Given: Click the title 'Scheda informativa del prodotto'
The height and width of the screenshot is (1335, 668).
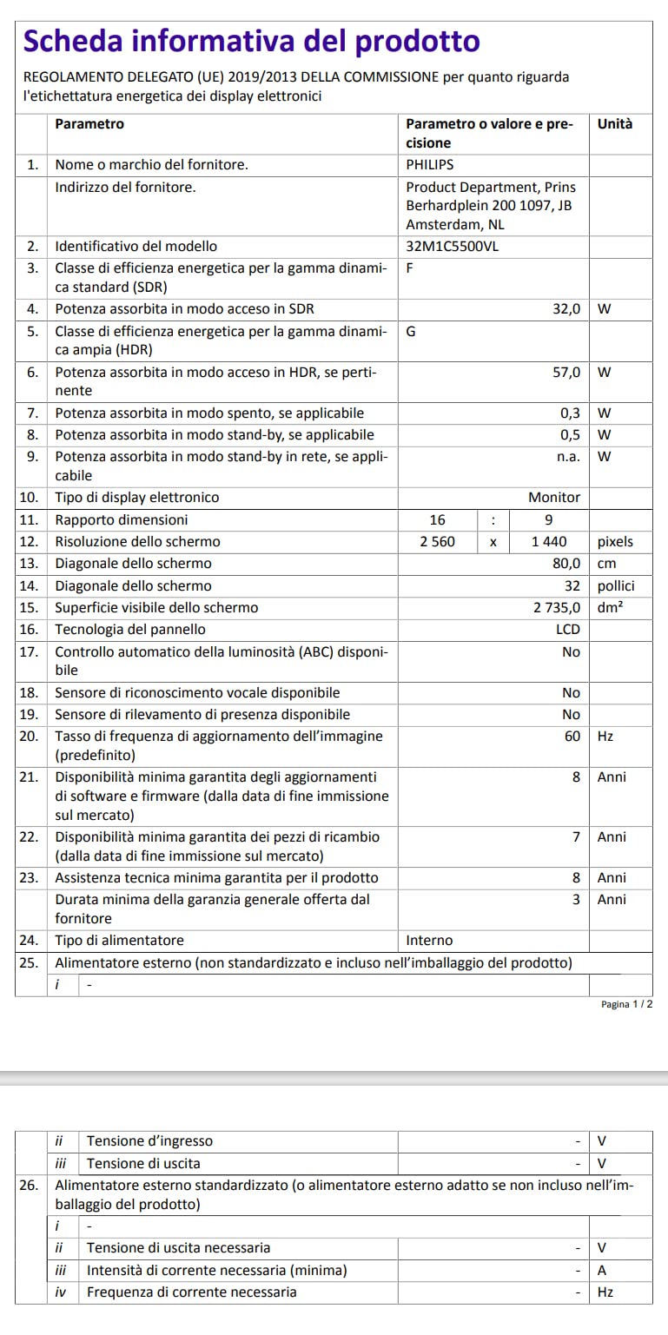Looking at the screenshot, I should (x=251, y=41).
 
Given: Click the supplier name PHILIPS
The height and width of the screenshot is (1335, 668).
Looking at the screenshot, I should (x=430, y=164).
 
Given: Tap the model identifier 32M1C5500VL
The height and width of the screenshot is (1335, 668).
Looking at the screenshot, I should (x=453, y=246).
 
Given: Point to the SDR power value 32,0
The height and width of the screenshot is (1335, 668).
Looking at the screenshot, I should (x=566, y=309).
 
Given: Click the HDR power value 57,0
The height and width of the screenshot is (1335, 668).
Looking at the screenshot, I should (x=566, y=372).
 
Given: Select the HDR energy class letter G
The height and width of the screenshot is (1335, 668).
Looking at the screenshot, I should (x=411, y=331).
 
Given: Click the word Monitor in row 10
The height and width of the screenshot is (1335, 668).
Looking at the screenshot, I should (x=554, y=498).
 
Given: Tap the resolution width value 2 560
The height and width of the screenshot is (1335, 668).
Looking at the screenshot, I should (x=438, y=541).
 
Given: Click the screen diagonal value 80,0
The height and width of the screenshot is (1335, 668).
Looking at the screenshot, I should (x=566, y=564).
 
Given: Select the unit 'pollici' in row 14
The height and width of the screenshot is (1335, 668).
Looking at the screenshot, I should (x=617, y=585).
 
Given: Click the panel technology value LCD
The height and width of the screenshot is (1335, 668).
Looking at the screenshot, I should (x=568, y=629).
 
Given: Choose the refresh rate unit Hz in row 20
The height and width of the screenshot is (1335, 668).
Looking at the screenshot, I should (x=605, y=736).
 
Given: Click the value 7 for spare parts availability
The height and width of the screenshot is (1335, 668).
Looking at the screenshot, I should (x=575, y=837).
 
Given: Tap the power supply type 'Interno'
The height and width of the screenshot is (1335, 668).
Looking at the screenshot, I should (x=429, y=941).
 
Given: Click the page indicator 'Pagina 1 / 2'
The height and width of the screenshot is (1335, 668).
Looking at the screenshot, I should (x=626, y=1004).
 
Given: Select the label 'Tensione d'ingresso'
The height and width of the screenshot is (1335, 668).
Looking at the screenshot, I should (x=149, y=1140).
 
